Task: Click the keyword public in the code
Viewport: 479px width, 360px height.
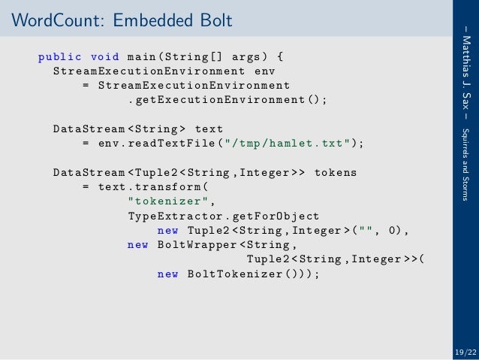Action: (60, 56)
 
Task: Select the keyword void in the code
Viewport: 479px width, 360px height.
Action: (104, 56)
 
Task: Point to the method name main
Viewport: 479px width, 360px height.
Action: (142, 56)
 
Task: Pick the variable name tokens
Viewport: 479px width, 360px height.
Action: (336, 173)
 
